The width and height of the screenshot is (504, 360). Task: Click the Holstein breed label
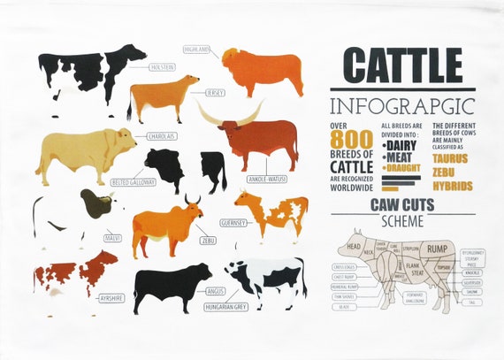(162, 66)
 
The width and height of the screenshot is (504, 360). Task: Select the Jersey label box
(214, 92)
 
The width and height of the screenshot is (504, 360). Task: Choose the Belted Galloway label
(133, 181)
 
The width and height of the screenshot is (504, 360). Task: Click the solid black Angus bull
(172, 285)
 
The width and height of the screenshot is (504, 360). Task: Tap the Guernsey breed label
(232, 223)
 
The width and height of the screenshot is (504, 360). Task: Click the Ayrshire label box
(111, 298)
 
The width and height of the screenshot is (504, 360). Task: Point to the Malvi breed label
(113, 238)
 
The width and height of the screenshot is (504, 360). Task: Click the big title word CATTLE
(402, 65)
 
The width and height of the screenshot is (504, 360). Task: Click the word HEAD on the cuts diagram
(355, 246)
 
